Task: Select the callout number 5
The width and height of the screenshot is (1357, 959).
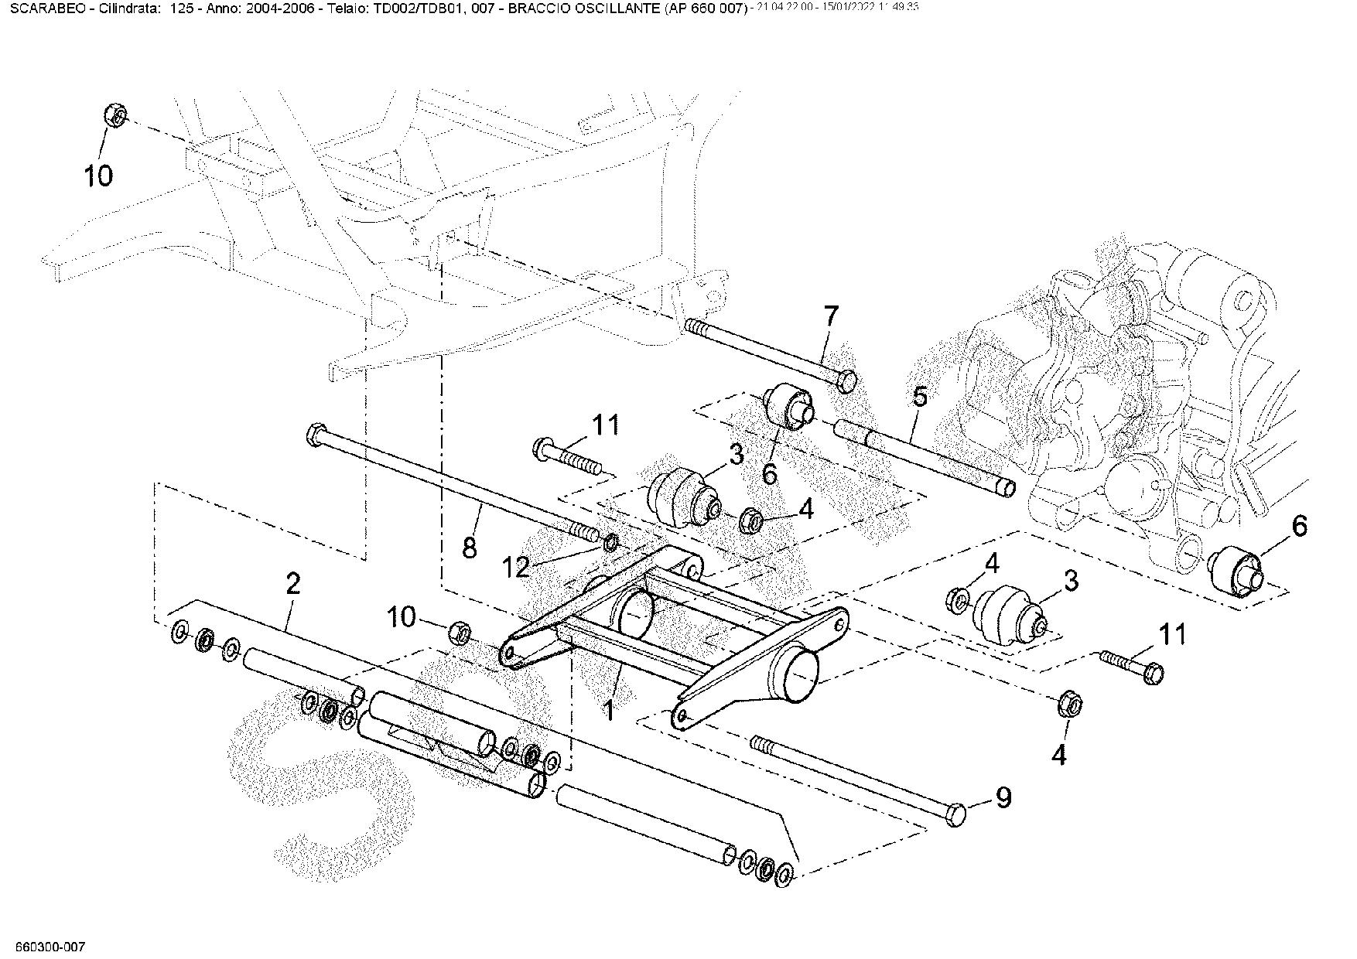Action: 919,398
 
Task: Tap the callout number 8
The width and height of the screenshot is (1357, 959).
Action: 469,548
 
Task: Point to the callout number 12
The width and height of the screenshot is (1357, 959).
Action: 516,568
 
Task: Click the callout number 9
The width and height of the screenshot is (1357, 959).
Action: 1003,797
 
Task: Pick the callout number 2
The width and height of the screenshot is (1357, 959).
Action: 292,584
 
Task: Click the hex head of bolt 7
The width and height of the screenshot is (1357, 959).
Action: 847,381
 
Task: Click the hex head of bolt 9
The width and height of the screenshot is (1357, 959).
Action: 957,814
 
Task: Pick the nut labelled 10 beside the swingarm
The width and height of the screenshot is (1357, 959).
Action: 460,632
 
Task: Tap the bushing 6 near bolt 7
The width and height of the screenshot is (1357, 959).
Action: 787,405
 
